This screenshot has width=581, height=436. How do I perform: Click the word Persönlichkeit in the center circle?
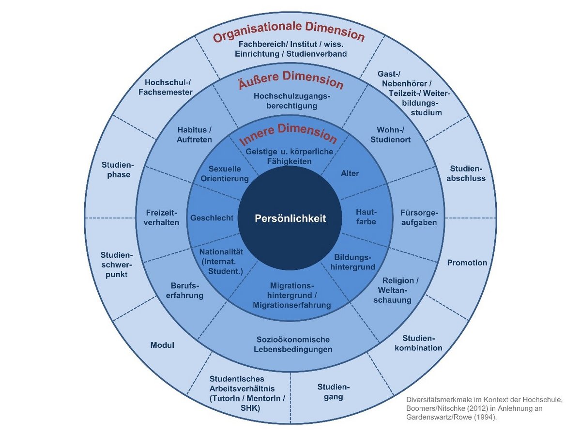pos(290,218)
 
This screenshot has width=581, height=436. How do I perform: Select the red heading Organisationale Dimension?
pos(289,36)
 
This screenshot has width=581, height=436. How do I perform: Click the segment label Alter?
pos(350,173)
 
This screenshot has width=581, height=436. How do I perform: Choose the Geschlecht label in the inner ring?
pos(212,218)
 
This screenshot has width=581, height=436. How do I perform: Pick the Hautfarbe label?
pos(366,217)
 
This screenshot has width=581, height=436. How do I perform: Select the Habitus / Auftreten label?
pos(195,135)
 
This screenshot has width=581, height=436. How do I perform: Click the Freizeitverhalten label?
pos(163,218)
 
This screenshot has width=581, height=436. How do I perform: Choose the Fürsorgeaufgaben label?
pos(419,218)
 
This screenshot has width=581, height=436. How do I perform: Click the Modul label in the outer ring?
pos(162,345)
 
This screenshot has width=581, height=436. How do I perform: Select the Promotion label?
pos(467,263)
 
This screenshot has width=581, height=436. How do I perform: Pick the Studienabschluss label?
pos(467,173)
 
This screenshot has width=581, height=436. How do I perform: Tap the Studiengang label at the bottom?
pos(331,392)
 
